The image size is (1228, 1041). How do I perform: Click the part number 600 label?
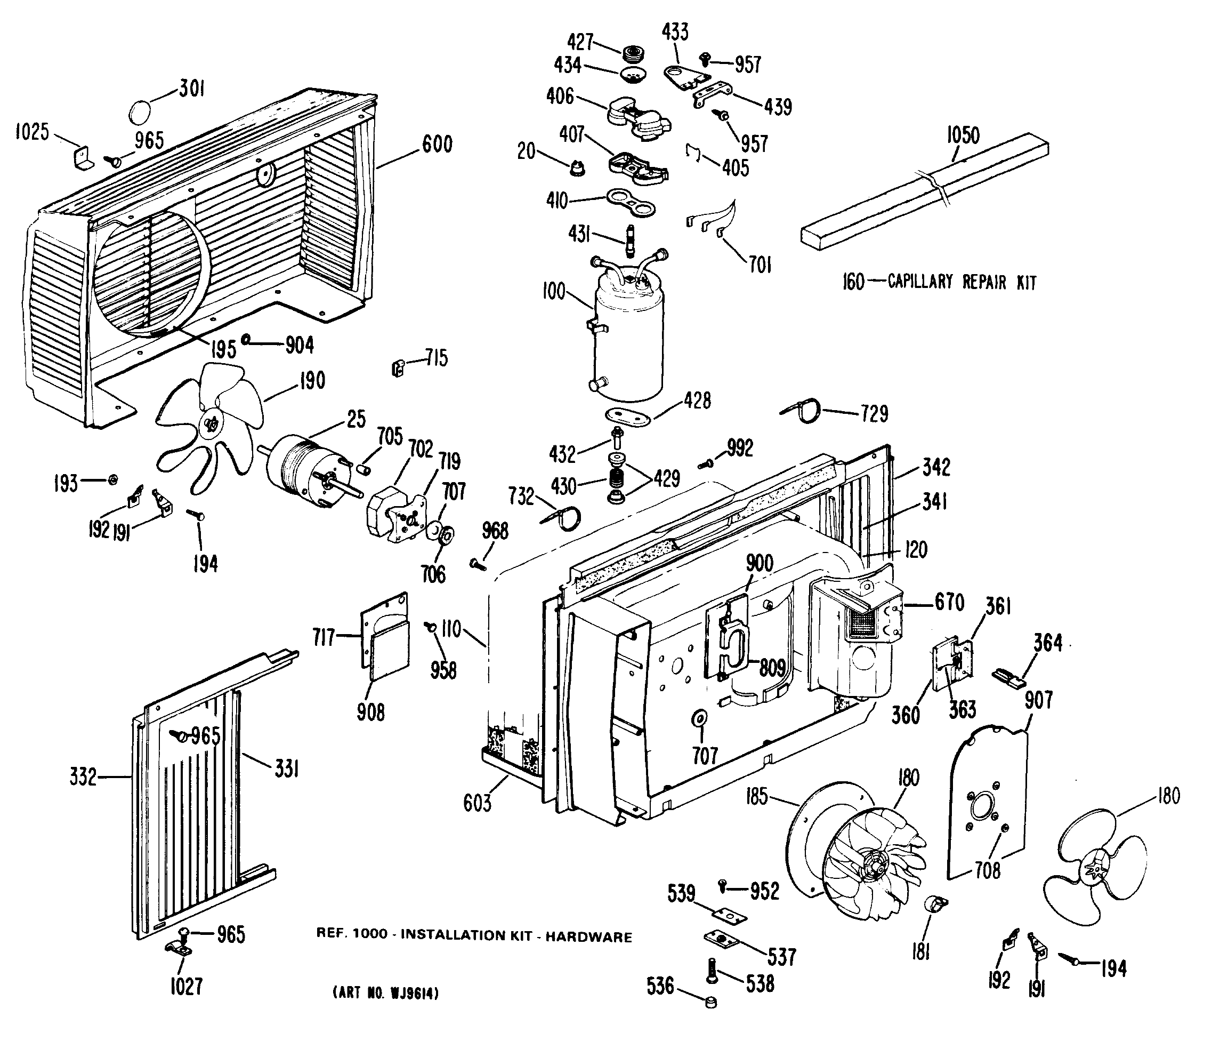tap(437, 145)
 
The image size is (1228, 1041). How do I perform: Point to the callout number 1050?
tap(963, 135)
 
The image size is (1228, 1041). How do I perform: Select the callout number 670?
tap(949, 603)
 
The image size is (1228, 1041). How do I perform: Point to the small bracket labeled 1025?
tap(84, 157)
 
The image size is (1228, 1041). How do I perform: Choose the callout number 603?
tap(477, 803)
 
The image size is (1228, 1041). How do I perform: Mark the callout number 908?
tap(370, 712)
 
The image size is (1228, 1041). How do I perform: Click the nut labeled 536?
tap(710, 1002)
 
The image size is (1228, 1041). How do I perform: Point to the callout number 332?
tap(83, 776)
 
